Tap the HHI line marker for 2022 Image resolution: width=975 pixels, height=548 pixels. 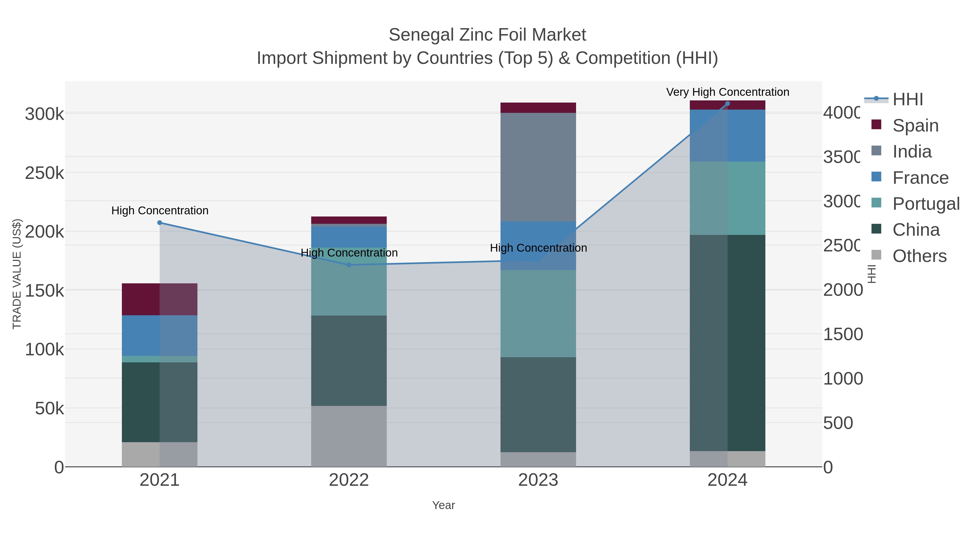coord(349,265)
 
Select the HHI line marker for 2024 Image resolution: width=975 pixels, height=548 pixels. coord(727,104)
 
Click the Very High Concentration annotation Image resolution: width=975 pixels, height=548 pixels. coord(727,92)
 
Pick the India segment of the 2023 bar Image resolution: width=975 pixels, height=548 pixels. coord(538,166)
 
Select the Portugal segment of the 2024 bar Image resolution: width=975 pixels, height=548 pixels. coord(727,198)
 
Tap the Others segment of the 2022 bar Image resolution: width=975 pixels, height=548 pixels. coord(349,436)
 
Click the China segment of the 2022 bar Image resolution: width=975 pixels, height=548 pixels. coord(349,360)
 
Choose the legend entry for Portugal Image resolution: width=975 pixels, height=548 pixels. coord(926,204)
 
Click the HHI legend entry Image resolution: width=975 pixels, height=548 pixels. coord(908,100)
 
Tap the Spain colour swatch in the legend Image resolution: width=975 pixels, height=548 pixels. coord(876,124)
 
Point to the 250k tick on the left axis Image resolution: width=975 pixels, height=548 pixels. coord(44,173)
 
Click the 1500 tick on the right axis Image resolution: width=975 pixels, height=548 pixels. coord(843,334)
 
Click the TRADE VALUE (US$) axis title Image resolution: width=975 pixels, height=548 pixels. coord(17,274)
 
